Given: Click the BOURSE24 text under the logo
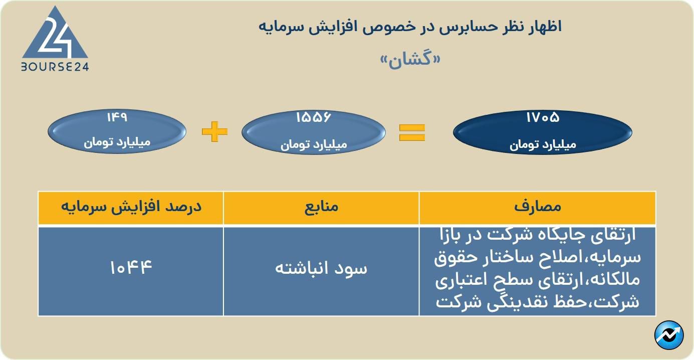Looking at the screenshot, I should [55, 67].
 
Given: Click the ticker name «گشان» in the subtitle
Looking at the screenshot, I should [410, 59].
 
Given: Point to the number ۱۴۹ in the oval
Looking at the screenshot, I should [117, 118].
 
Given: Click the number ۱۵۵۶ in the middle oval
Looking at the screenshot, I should [314, 118].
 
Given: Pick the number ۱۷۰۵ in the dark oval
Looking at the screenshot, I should [543, 118].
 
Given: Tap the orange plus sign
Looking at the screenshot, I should [214, 132].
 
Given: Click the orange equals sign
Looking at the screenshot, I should [412, 132].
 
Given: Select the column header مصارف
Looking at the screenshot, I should [538, 207].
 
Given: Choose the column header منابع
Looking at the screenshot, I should [321, 207].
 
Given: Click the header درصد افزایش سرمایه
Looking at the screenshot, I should [131, 207].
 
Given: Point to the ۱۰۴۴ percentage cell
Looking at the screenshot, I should [131, 267].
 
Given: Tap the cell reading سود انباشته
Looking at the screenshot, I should [321, 268].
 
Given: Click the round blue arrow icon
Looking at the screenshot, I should [669, 335].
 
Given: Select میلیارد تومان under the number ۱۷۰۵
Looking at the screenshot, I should [543, 145].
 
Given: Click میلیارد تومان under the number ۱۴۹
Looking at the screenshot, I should [117, 142].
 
